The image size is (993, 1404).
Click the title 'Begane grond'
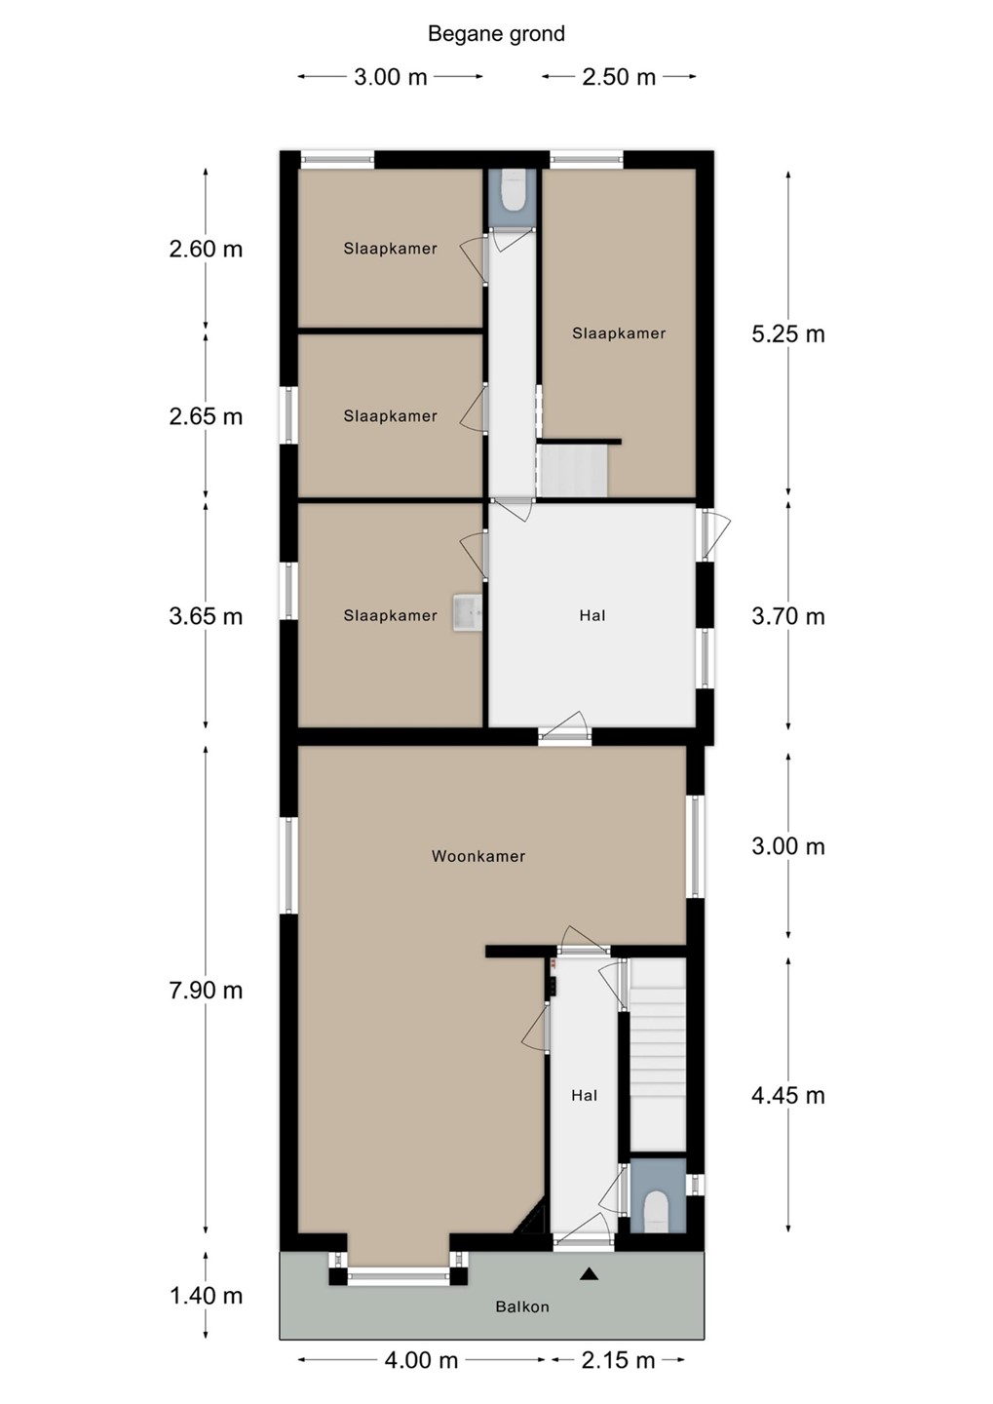tap(496, 34)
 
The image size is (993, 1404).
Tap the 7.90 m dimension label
tap(206, 990)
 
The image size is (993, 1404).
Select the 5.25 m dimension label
tap(788, 334)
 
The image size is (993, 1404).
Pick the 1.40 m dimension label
tap(206, 1296)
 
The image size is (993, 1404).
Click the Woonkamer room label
tap(478, 856)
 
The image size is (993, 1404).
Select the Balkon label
tap(522, 1306)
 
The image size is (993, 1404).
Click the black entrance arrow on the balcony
tap(589, 1273)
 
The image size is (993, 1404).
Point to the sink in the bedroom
tap(467, 612)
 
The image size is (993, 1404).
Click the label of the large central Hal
tap(592, 615)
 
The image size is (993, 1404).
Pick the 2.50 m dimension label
tap(619, 77)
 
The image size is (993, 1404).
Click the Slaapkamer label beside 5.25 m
tap(619, 333)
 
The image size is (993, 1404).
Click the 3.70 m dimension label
tap(788, 616)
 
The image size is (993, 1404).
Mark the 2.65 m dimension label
tap(206, 416)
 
